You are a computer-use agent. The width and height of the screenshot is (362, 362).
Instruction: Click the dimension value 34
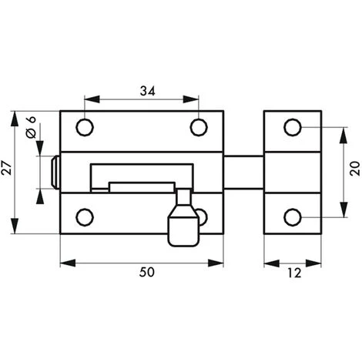click(x=148, y=91)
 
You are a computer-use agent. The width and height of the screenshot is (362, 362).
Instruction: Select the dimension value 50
click(x=147, y=273)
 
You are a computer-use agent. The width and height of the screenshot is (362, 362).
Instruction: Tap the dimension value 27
click(x=6, y=168)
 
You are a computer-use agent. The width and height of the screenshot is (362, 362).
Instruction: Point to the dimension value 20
click(x=355, y=169)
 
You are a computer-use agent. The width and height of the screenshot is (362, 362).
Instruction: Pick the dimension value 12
click(x=294, y=273)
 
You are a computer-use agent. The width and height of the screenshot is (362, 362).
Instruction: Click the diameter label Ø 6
click(x=32, y=127)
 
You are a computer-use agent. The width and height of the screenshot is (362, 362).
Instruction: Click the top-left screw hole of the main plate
click(x=85, y=127)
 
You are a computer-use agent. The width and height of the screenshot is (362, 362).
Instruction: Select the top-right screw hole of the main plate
click(x=199, y=127)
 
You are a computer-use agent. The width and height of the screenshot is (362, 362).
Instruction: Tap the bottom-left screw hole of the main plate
click(x=85, y=217)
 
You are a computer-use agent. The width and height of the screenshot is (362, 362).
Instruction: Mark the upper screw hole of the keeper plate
click(x=293, y=127)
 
